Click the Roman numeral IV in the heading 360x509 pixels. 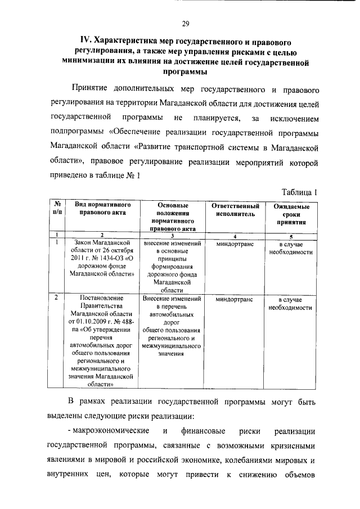click(x=85, y=42)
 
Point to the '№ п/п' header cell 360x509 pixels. click(x=57, y=209)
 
